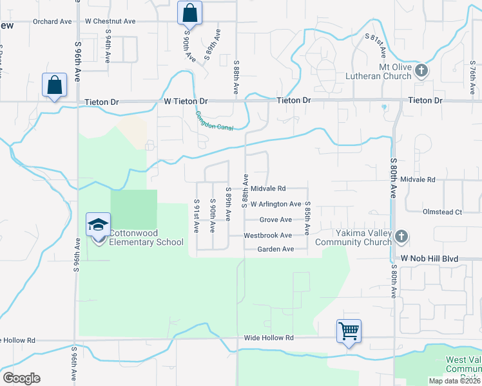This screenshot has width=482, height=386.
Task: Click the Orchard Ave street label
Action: pos(52,21)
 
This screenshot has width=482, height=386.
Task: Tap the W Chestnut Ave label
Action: pos(110,21)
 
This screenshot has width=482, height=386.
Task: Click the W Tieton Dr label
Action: pos(186,102)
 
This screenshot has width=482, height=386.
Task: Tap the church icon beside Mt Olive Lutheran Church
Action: pos(421,70)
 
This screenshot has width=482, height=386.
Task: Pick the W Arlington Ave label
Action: pos(276,204)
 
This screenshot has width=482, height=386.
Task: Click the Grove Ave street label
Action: pos(276,220)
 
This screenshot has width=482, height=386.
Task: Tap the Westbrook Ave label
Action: pos(267,235)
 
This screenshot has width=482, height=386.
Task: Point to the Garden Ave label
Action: pos(275,249)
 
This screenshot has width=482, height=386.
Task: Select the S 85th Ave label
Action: pos(307,219)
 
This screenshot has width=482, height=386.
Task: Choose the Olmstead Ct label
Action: pos(442,212)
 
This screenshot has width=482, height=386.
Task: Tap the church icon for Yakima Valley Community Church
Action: pos(401,237)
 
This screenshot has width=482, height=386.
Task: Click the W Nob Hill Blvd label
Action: pos(429,258)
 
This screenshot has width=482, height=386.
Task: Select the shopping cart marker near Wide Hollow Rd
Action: pos(349,331)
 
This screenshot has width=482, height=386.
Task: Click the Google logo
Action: pos(21,378)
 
